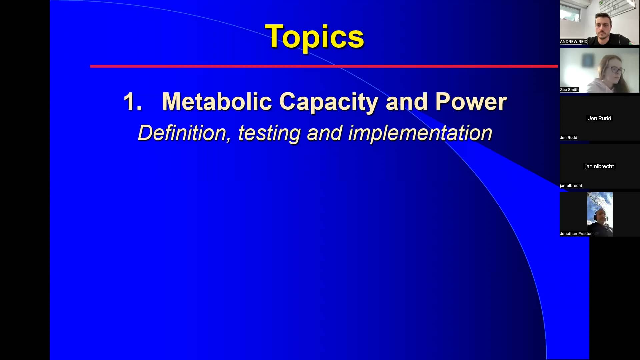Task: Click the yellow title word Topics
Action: [314, 37]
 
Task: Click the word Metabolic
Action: [217, 101]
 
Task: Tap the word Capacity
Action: [328, 101]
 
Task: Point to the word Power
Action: [471, 101]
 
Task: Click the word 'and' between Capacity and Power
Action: [406, 101]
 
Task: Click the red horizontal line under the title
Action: [323, 66]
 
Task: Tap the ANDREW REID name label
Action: [573, 42]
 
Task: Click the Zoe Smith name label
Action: [569, 90]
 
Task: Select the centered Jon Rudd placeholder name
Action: [599, 118]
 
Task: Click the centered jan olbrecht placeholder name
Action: [599, 166]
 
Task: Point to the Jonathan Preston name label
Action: [576, 234]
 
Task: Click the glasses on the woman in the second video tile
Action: [617, 70]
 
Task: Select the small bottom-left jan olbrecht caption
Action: [571, 186]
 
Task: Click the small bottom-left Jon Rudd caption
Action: [568, 138]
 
